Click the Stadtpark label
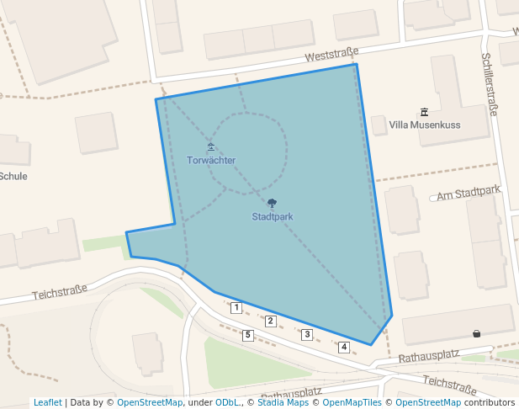(272, 216)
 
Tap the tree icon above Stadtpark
(272, 203)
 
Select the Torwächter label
(211, 160)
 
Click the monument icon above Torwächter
(211, 146)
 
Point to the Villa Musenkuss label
(425, 125)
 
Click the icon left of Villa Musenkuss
(423, 112)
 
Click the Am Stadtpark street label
(469, 194)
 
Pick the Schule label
(13, 176)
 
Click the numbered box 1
(236, 308)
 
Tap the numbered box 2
(271, 321)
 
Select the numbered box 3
(307, 335)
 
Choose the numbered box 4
(344, 347)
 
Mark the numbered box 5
(248, 336)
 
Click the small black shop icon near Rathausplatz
(477, 334)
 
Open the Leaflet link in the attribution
(47, 402)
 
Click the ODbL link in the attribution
(227, 402)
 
